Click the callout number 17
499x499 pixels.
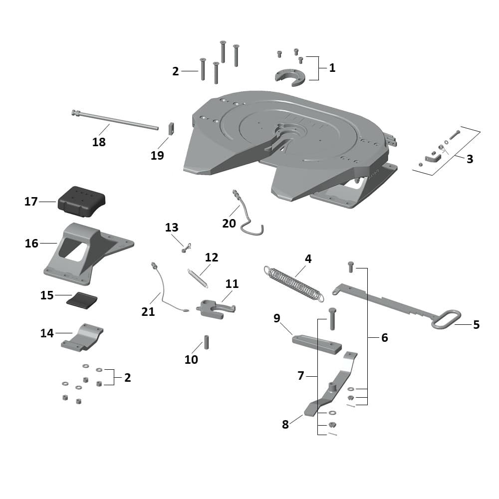pos(31,202)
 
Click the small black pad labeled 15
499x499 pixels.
pos(83,300)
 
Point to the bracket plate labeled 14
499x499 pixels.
pos(83,337)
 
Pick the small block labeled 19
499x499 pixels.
pos(171,128)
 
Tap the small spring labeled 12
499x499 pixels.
pos(198,278)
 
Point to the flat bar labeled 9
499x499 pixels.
pos(316,344)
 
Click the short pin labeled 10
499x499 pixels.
pos(206,343)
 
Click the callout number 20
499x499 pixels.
pos(229,224)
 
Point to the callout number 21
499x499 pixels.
pos(148,312)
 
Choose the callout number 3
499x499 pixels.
pos(470,160)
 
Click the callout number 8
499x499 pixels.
pos(285,425)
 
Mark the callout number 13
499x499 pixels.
pos(172,228)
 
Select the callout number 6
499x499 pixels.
pos(384,338)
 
